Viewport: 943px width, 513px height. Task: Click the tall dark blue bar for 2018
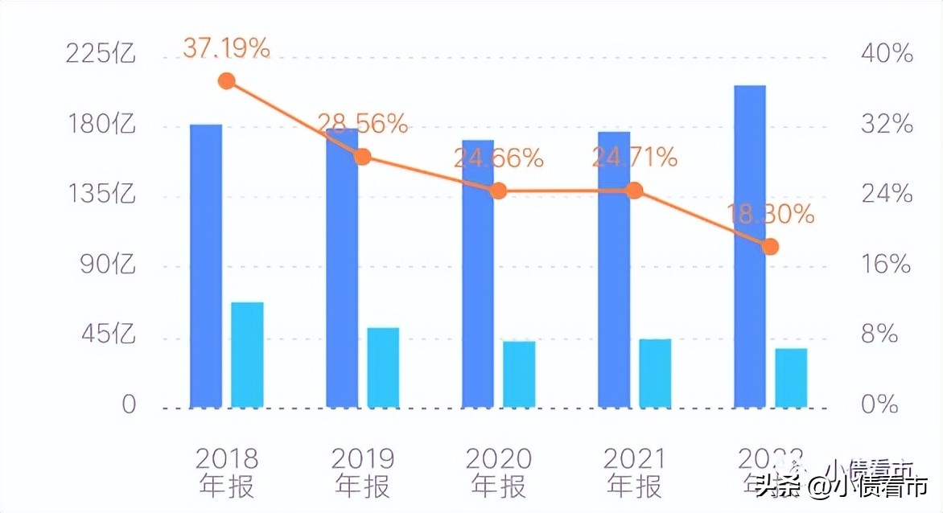pyautogui.click(x=206, y=265)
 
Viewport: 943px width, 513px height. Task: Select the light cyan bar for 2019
pyautogui.click(x=383, y=367)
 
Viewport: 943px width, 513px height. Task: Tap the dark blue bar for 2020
pyautogui.click(x=478, y=273)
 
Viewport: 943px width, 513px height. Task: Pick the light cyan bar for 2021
pyautogui.click(x=655, y=372)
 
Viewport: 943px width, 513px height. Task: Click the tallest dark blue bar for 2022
pyautogui.click(x=750, y=245)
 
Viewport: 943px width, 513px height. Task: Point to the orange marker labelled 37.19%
pyautogui.click(x=227, y=81)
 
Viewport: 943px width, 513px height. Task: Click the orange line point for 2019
pyautogui.click(x=363, y=156)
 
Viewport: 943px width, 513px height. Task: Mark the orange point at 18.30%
pyautogui.click(x=770, y=246)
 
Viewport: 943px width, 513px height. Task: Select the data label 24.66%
pyautogui.click(x=499, y=158)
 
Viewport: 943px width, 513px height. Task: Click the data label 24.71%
pyautogui.click(x=635, y=158)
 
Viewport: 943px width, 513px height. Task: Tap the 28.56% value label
pyautogui.click(x=363, y=124)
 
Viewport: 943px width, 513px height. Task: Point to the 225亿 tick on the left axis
pyautogui.click(x=101, y=54)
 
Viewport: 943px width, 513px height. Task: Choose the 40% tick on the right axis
pyautogui.click(x=887, y=54)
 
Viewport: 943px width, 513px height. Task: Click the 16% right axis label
pyautogui.click(x=886, y=265)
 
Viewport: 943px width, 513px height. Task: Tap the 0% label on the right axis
pyautogui.click(x=879, y=404)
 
